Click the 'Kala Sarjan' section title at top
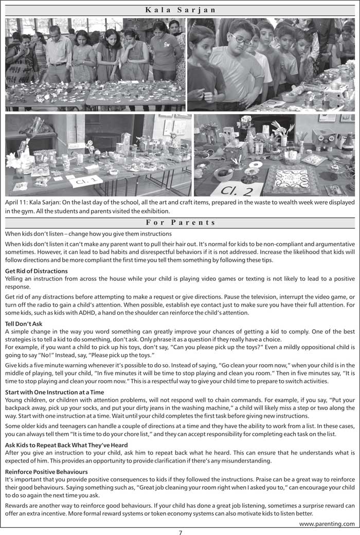click(x=181, y=10)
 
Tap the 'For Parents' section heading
click(x=181, y=223)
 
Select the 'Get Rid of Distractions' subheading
click(x=36, y=271)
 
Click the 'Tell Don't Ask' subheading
click(x=24, y=324)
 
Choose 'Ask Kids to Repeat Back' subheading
click(x=66, y=445)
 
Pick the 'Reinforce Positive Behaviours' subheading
click(x=46, y=472)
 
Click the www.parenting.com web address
click(x=327, y=524)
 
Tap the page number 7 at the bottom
click(x=181, y=532)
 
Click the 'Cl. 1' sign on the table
click(x=85, y=181)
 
